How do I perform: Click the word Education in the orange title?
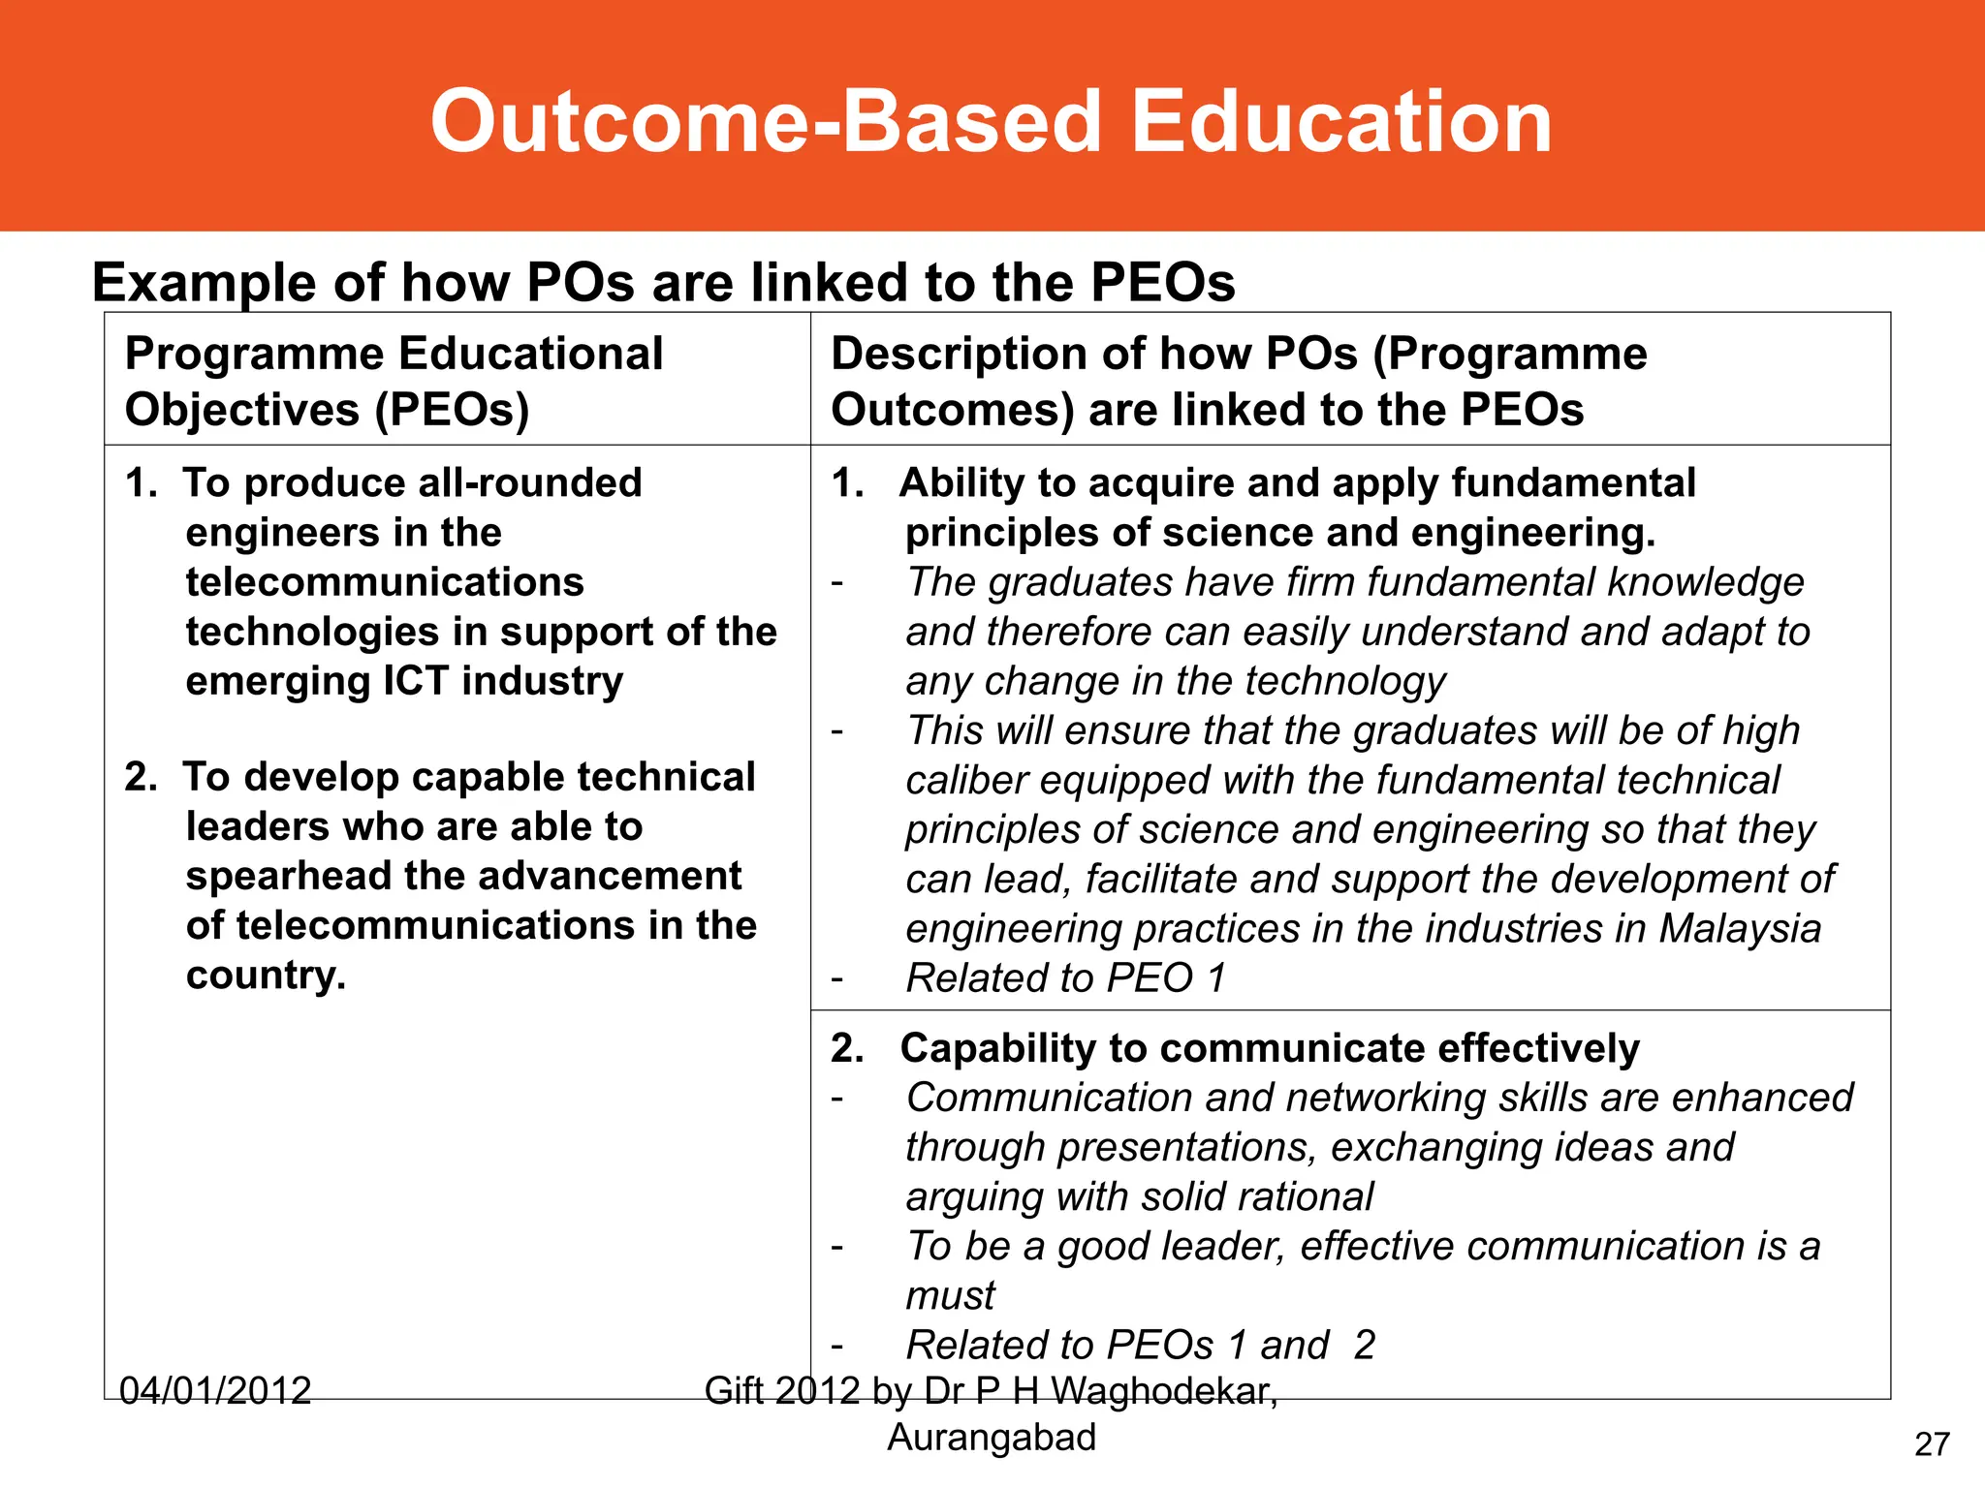pos(1341,122)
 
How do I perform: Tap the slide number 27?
pos(1932,1444)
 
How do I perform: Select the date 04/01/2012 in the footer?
pos(215,1391)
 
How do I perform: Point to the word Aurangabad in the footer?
pos(992,1438)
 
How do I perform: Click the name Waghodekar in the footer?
pos(1163,1391)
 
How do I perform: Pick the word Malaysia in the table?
pos(1740,929)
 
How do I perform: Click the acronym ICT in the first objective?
pos(415,681)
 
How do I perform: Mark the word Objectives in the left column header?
pos(242,410)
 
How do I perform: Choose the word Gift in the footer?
pos(734,1391)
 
